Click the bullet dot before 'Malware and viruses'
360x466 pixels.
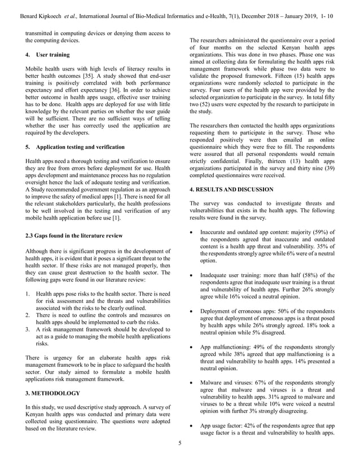click(x=193, y=383)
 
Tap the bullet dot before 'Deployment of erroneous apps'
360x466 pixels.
click(x=193, y=311)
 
